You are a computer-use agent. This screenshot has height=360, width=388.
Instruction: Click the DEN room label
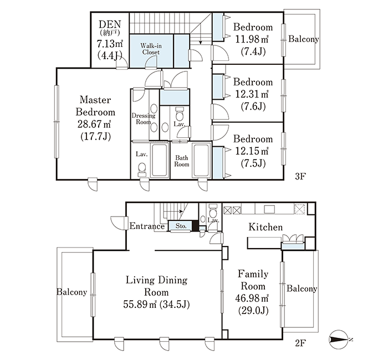point(110,24)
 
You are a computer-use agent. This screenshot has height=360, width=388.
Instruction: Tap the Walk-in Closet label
point(151,49)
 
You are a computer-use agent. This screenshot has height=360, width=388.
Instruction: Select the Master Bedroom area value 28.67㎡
point(94,124)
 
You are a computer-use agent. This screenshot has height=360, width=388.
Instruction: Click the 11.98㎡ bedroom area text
point(252,39)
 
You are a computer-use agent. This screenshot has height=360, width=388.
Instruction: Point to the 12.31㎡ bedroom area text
point(252,94)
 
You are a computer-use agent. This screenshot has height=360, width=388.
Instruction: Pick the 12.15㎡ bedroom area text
point(252,151)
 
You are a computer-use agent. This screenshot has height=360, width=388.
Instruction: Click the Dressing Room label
point(144,119)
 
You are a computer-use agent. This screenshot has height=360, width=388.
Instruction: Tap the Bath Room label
point(182,161)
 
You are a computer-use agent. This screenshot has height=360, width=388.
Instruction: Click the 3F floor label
point(300,176)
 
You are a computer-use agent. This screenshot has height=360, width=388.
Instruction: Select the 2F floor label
point(300,343)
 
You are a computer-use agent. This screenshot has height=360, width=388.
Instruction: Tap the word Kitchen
point(266,227)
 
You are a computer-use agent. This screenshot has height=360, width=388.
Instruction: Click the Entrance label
point(147,226)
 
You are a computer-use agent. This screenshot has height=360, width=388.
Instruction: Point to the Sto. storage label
point(181,226)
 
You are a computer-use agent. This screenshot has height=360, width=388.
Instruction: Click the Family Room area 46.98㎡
point(252,299)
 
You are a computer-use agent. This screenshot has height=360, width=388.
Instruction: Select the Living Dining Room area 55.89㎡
point(140,305)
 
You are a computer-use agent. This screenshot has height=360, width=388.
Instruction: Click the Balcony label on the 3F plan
point(303,39)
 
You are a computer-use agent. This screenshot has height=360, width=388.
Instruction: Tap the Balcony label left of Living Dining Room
point(72,292)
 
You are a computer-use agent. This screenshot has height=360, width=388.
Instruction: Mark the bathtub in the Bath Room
point(201,161)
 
